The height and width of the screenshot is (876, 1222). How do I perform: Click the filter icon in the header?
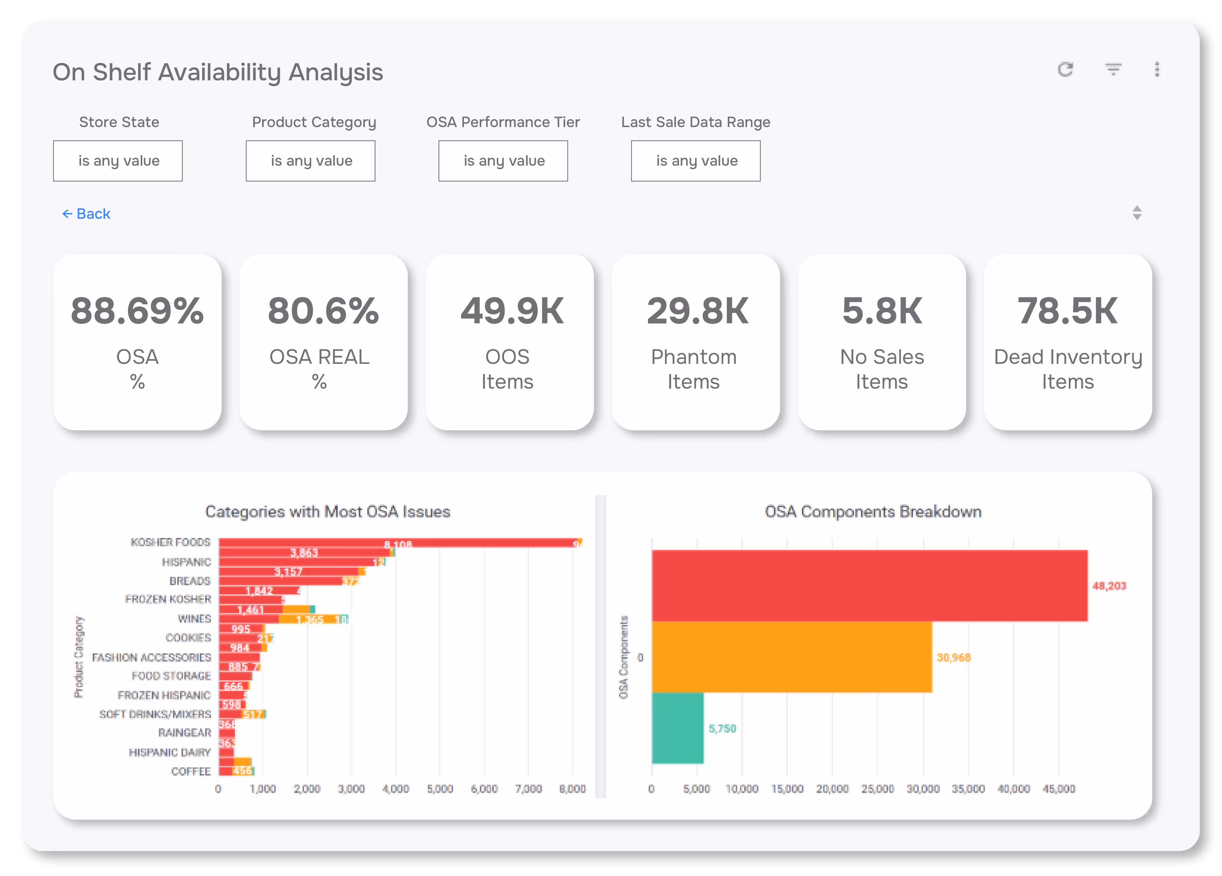coord(1113,69)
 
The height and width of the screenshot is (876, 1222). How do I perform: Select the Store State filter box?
coord(118,161)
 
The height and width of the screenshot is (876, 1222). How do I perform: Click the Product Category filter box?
coord(310,161)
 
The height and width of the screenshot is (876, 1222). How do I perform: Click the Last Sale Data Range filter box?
coord(696,161)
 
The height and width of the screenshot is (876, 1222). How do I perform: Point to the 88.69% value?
coord(137,311)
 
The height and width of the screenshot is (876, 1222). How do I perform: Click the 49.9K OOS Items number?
coord(511,311)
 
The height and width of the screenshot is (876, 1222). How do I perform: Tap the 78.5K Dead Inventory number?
coord(1067,311)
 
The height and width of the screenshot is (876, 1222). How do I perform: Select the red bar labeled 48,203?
coord(869,586)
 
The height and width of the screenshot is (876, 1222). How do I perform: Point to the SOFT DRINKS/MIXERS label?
coord(155,714)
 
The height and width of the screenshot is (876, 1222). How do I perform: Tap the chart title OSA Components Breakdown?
coord(873,511)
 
